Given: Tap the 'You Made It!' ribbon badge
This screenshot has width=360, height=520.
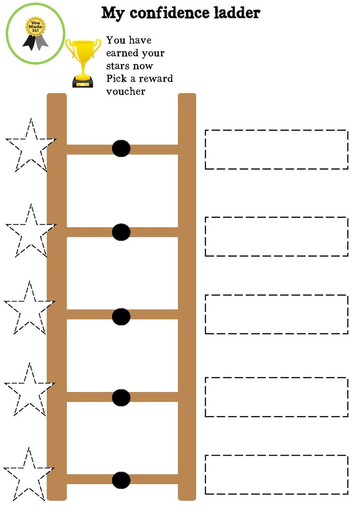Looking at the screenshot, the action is (35, 33).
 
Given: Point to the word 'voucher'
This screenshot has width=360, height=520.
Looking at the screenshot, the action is (126, 92).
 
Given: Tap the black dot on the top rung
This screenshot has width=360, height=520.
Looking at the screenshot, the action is (121, 148).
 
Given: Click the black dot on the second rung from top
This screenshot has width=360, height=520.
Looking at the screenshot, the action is (121, 232).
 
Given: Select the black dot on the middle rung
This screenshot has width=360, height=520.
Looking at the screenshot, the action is (121, 316).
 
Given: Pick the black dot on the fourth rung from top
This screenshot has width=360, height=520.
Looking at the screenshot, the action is (121, 398).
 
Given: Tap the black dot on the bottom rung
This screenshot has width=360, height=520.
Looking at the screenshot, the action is (121, 480).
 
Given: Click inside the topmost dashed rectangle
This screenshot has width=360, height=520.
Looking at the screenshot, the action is (276, 150).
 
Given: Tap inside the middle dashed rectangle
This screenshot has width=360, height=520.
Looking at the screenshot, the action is (276, 314).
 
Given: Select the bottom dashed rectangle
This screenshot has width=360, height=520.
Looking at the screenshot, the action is (276, 475).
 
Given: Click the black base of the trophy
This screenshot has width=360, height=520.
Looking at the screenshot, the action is (83, 83).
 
